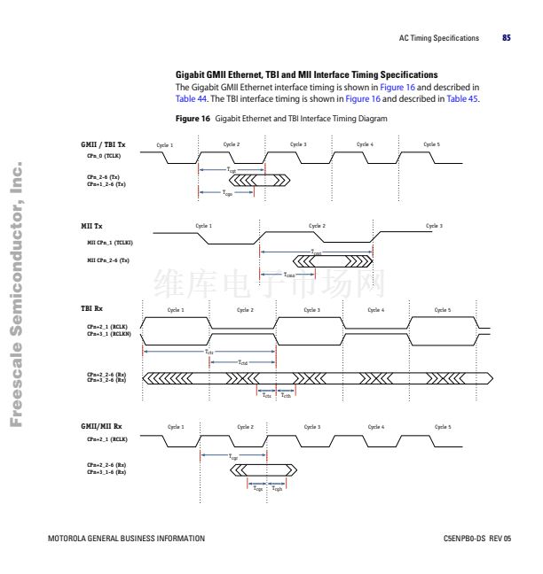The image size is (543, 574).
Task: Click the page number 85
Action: tap(507, 38)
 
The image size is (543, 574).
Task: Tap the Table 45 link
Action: tap(463, 98)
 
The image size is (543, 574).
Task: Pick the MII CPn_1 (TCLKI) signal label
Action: tap(110, 241)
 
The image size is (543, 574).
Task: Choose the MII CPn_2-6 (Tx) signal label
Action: tap(108, 260)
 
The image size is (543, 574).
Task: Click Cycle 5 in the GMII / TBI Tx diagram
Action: tap(431, 143)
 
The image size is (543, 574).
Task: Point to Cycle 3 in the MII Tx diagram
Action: tap(434, 226)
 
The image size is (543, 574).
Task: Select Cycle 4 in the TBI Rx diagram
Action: tap(376, 310)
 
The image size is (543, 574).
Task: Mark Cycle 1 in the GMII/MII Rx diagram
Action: tap(176, 427)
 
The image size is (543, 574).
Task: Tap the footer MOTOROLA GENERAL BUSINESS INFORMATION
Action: tap(126, 539)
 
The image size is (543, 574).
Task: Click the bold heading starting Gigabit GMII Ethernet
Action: tap(306, 75)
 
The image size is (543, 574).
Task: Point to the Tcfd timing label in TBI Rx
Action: tap(242, 362)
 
